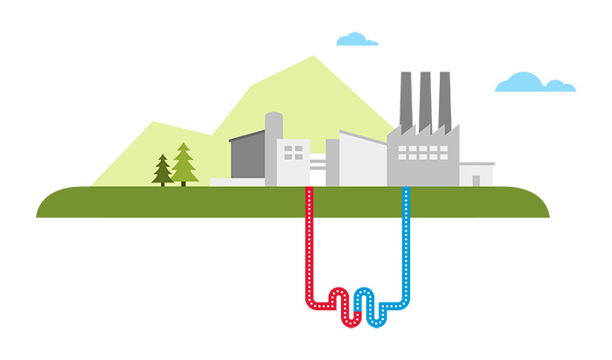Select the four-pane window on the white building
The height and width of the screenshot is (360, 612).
[294, 153]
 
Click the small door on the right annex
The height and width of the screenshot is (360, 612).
[476, 181]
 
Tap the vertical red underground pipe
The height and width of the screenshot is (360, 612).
[309, 245]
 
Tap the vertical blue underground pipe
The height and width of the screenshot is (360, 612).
[405, 245]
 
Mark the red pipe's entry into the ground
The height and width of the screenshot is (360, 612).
[309, 190]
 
